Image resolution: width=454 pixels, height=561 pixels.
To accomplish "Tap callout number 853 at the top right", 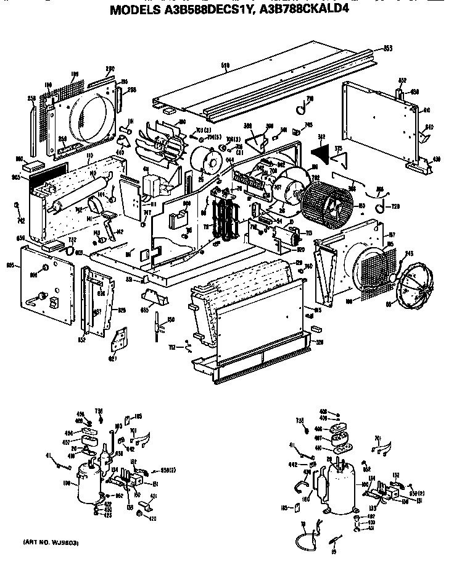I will tap(388, 48).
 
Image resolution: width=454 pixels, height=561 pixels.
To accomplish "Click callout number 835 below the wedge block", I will tap(145, 310).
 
